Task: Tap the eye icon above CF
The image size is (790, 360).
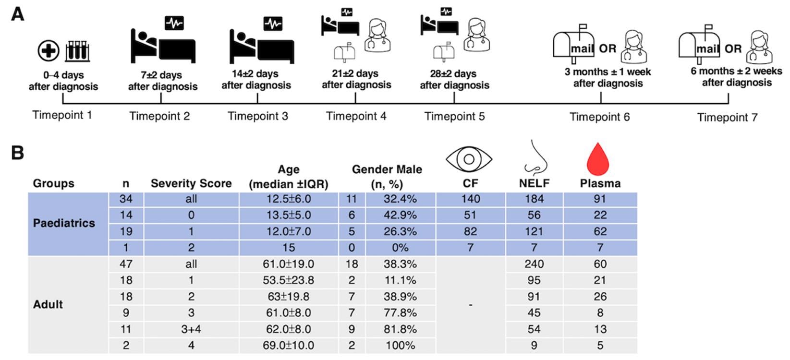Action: [x=469, y=159]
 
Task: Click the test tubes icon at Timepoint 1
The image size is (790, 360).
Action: [x=77, y=51]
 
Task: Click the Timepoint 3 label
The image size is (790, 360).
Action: [x=258, y=116]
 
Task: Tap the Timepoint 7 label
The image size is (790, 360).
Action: [x=727, y=118]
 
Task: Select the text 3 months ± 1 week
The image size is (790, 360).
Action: [x=608, y=72]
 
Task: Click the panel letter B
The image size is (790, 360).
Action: [x=17, y=153]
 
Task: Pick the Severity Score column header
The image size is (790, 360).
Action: [x=191, y=183]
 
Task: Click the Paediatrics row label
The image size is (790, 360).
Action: [x=64, y=223]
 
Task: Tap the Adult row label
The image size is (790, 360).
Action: [x=48, y=304]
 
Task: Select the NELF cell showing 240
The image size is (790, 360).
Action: [x=534, y=264]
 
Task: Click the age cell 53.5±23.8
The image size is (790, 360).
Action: [x=288, y=280]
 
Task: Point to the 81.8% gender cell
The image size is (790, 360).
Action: [x=400, y=329]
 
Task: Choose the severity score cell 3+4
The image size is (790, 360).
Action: [x=191, y=329]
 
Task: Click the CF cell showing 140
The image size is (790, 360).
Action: [x=470, y=199]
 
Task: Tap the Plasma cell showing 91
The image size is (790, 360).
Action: [x=599, y=199]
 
